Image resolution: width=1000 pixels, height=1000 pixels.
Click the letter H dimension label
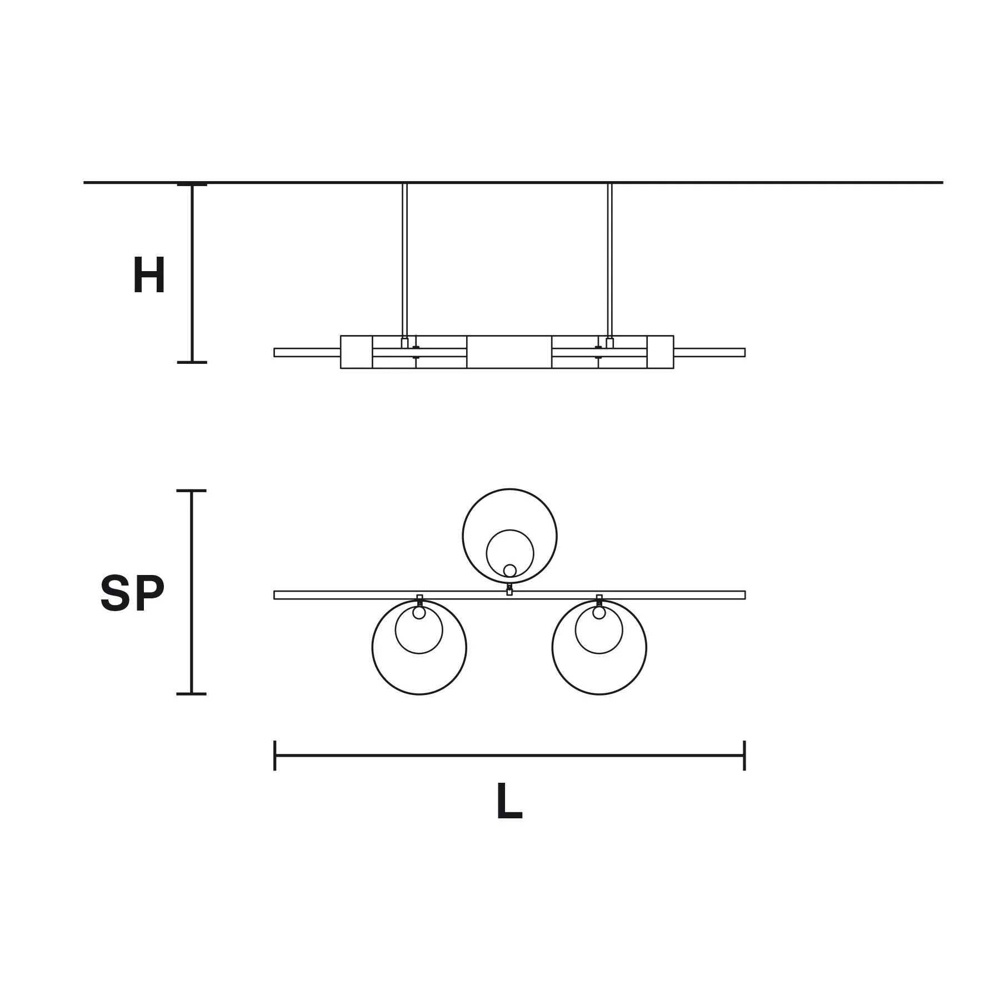pyautogui.click(x=149, y=276)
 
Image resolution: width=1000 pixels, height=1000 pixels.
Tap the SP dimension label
pyautogui.click(x=132, y=593)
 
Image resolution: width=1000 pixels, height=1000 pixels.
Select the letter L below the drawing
pyautogui.click(x=509, y=801)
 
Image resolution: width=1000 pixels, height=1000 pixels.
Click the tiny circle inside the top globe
pyautogui.click(x=509, y=571)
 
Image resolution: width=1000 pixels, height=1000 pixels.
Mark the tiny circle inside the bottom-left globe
pyautogui.click(x=419, y=613)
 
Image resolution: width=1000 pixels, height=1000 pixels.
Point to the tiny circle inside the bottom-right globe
pyautogui.click(x=599, y=613)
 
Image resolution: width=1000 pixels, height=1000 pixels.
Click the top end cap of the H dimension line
pyautogui.click(x=192, y=185)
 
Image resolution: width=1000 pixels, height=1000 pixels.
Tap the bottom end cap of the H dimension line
pyautogui.click(x=192, y=362)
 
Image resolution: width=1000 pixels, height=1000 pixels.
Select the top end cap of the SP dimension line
pyautogui.click(x=192, y=491)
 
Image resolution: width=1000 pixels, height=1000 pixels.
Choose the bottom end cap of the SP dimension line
pyautogui.click(x=192, y=694)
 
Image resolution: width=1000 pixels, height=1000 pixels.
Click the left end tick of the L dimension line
pyautogui.click(x=275, y=756)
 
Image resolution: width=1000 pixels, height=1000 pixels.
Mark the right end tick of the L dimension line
pyautogui.click(x=744, y=756)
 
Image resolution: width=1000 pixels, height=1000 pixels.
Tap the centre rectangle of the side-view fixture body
pyautogui.click(x=509, y=352)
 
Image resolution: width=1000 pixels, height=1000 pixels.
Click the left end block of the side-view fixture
pyautogui.click(x=356, y=352)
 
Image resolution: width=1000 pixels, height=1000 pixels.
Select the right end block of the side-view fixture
pyautogui.click(x=660, y=352)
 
